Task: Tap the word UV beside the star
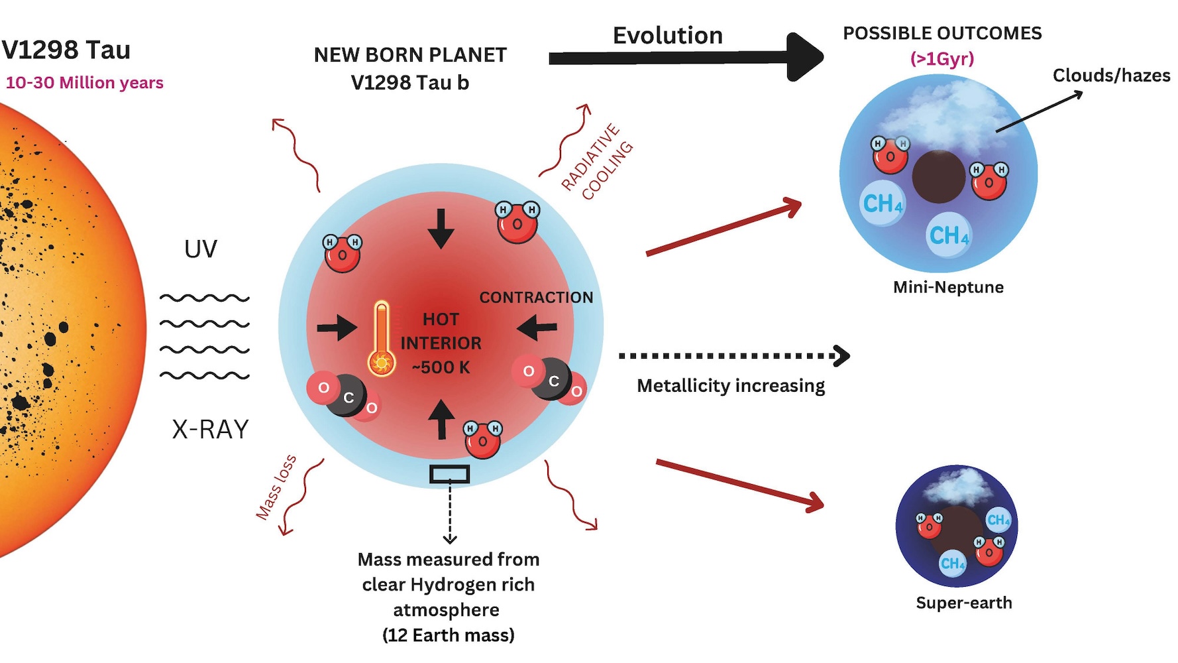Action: coord(201,249)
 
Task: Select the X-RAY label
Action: coord(211,430)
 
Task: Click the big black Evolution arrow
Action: coord(686,58)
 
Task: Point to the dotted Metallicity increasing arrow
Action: coord(734,356)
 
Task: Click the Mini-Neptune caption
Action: coord(948,287)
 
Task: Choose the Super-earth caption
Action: coord(964,603)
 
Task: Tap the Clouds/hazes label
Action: coord(1111,76)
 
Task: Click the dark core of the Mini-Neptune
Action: coord(939,176)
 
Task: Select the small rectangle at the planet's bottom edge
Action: coord(450,474)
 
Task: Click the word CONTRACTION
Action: coord(536,298)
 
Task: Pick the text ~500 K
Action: coord(441,367)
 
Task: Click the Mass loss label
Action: coord(276,487)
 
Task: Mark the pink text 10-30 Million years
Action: coord(84,83)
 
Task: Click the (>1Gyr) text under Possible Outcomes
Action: coord(942,59)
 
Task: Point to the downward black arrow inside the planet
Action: coord(441,228)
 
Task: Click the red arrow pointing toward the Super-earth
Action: coord(740,485)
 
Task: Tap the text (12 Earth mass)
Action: coord(449,635)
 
